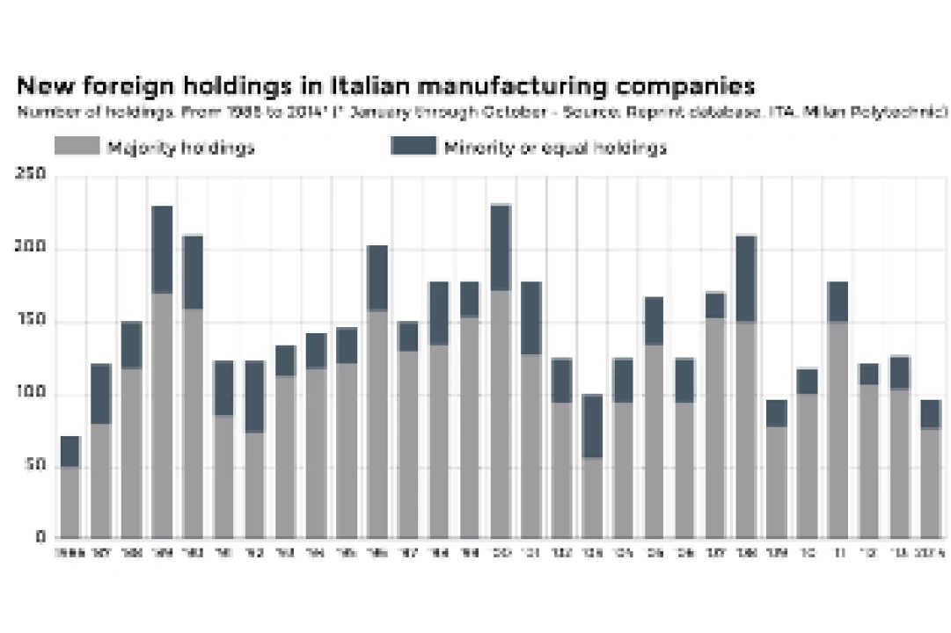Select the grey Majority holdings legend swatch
point(77,146)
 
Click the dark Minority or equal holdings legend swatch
point(413,146)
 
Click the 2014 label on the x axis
point(931,554)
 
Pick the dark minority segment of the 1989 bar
point(162,250)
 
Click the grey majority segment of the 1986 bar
point(70,501)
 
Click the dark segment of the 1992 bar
point(254,397)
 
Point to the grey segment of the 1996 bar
point(377,423)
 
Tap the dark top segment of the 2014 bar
point(931,414)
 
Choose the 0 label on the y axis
point(40,537)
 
